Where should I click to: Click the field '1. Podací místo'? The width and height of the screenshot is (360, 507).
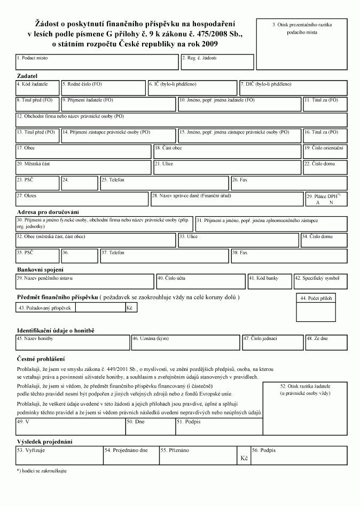click(97, 62)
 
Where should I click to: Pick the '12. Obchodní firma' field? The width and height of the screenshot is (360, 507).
click(181, 120)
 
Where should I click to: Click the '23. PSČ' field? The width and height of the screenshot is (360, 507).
click(37, 184)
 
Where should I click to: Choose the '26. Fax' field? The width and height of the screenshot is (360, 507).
click(288, 184)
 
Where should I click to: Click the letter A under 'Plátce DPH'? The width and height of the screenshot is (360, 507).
click(318, 203)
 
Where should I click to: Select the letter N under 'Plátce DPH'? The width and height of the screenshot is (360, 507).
click(331, 203)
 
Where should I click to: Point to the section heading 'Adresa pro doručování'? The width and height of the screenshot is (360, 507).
click(48, 212)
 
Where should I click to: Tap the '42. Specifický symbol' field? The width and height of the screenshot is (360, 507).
click(320, 282)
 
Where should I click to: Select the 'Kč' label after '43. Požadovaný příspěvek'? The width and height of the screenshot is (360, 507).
click(130, 308)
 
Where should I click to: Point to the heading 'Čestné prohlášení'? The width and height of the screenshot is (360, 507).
click(41, 359)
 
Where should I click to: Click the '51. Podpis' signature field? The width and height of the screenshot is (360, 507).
click(219, 427)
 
